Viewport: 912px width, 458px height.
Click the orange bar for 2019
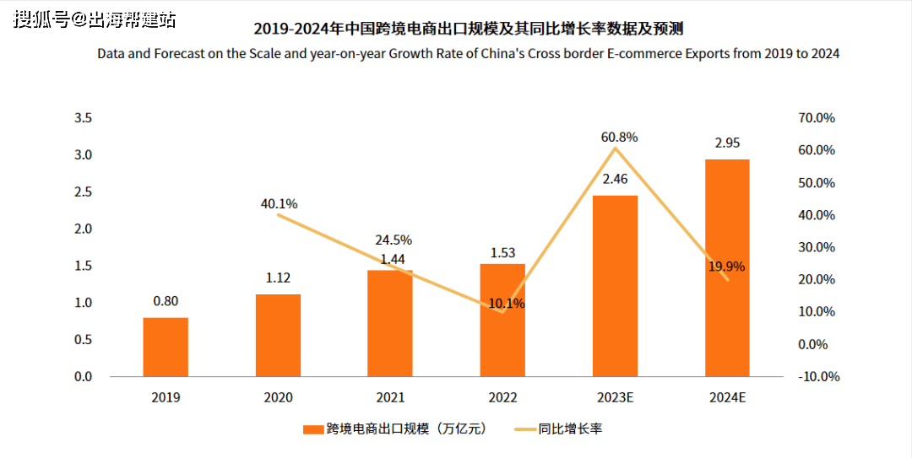click(166, 347)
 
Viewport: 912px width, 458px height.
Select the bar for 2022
click(502, 320)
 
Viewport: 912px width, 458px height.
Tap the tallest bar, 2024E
click(727, 267)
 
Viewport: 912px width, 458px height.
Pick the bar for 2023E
click(615, 286)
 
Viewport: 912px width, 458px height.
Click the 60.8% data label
click(620, 137)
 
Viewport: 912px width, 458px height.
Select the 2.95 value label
click(727, 143)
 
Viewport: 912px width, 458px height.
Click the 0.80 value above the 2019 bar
click(166, 301)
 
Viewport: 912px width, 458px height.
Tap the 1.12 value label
click(278, 278)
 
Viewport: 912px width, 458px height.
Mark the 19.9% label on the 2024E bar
click(726, 267)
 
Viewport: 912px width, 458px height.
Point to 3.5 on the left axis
click(83, 118)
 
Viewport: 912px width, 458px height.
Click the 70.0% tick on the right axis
click(816, 118)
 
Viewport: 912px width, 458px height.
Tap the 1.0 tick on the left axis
click(83, 303)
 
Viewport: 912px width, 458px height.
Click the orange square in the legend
click(313, 429)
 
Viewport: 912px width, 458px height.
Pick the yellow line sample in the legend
click(526, 429)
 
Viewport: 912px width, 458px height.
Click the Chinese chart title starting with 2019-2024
click(468, 29)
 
